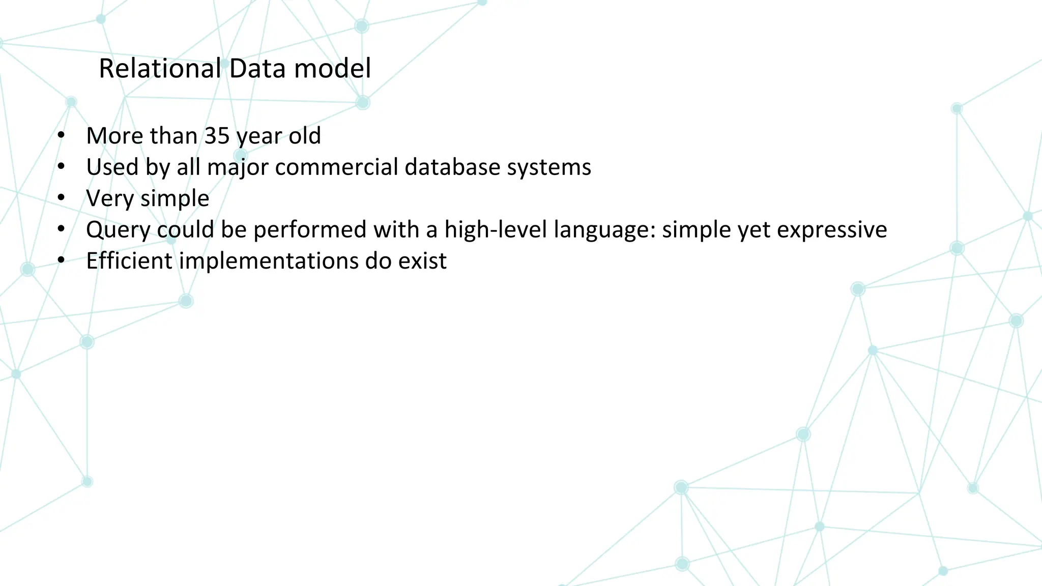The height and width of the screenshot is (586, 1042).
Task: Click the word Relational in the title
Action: pos(159,68)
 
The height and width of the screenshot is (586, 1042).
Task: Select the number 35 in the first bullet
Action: pos(217,136)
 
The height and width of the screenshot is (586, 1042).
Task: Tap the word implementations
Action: pos(268,261)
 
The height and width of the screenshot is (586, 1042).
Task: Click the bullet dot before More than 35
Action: pos(62,136)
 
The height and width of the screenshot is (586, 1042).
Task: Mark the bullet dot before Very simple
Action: pos(62,198)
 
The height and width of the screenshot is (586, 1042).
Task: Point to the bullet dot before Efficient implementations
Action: pos(62,261)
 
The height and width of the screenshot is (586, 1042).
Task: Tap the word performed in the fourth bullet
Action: pos(310,230)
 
